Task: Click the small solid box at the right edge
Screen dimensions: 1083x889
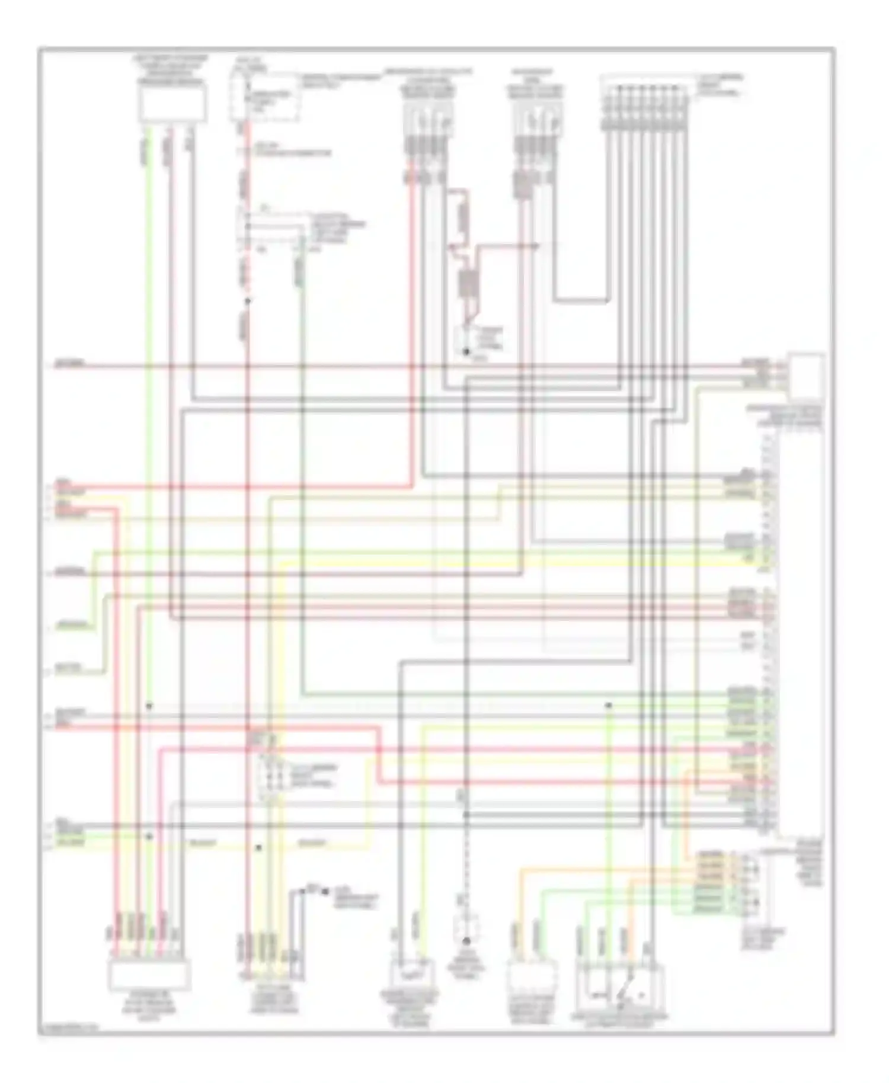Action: pos(805,377)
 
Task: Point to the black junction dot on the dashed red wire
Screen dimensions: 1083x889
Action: pos(248,301)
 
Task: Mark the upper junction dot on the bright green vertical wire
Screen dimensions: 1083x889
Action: pos(149,706)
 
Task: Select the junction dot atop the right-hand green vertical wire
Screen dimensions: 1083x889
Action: pos(608,705)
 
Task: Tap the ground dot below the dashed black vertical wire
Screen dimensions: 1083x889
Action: pos(466,941)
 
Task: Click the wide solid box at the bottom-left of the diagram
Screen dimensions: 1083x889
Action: pos(149,975)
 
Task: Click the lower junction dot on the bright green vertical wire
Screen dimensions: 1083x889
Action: pos(149,837)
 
